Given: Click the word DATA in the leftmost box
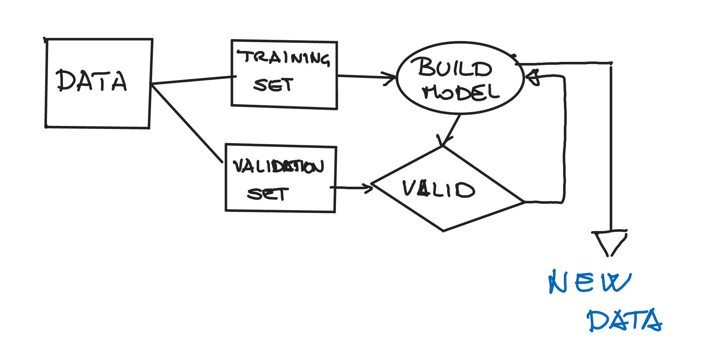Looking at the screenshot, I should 92,81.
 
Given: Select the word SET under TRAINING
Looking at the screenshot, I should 273,85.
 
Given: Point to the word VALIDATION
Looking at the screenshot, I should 278,167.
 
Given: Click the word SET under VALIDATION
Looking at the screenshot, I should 267,194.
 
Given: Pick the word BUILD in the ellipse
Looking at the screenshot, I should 455,68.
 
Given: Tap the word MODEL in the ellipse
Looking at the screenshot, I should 461,92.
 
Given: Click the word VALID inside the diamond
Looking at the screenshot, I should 439,189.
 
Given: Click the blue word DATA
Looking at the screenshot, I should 624,320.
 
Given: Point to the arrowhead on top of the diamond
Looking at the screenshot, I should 443,141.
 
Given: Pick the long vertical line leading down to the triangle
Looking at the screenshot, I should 611,149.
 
